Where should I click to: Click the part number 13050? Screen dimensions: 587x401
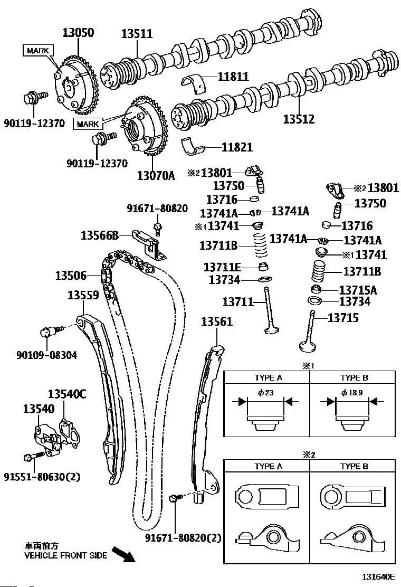78,33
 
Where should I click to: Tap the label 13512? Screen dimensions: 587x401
299,119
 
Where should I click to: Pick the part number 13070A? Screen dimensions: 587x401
156,175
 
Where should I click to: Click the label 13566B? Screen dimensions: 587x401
99,235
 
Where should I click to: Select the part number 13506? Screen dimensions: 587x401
72,275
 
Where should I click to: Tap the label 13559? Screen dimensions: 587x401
83,296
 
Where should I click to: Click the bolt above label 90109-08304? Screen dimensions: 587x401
48,332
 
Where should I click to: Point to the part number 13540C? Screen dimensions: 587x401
68,394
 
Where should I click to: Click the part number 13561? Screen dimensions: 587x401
217,322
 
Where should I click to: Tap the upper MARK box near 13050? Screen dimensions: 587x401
38,50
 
